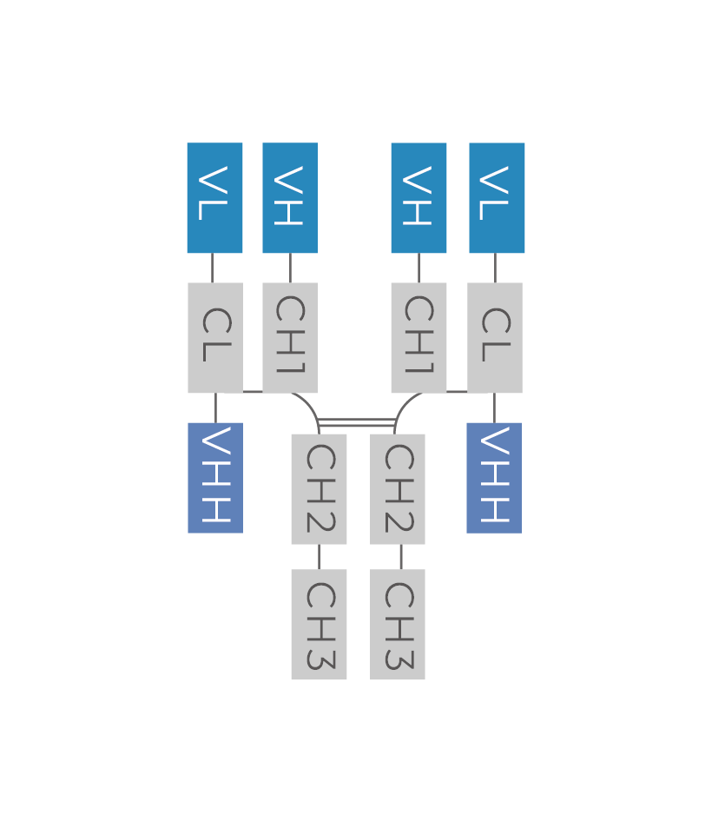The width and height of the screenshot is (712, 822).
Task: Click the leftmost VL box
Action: [214, 198]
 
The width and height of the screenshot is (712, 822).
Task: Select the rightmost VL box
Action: [497, 198]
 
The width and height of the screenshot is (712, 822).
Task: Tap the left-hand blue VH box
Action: [290, 198]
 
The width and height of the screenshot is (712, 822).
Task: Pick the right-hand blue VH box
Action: [419, 198]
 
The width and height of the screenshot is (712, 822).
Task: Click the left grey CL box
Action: [214, 337]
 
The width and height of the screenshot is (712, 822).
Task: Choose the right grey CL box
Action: [495, 337]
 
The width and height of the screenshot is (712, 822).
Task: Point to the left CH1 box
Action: [290, 337]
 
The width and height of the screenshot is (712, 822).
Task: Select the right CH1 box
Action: [419, 337]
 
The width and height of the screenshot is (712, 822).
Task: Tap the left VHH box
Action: [215, 477]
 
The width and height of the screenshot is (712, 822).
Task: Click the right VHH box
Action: [494, 477]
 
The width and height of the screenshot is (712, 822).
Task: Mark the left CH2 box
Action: [319, 488]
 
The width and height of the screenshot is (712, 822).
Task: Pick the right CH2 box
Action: [398, 488]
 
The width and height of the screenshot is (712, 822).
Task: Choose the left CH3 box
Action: [319, 624]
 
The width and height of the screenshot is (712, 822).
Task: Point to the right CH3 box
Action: [398, 624]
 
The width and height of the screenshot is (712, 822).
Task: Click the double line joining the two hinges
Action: [357, 422]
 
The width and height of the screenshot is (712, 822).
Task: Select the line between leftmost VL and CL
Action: [213, 268]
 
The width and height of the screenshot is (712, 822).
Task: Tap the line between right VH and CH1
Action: [419, 268]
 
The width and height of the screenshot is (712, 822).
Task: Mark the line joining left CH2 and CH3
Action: [319, 557]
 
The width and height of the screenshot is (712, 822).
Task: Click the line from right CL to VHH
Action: [495, 408]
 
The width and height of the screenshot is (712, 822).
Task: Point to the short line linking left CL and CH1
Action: [252, 392]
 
